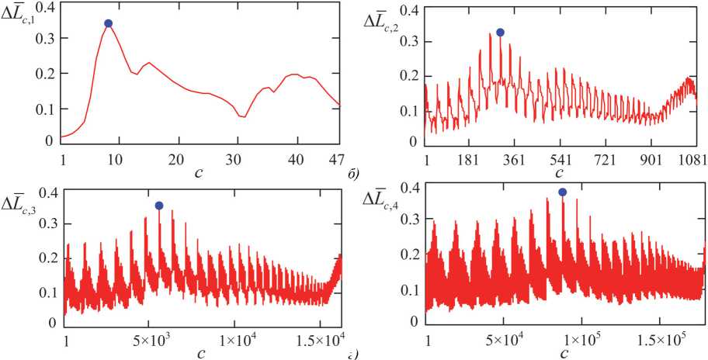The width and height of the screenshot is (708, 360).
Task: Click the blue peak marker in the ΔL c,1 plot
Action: coord(109,23)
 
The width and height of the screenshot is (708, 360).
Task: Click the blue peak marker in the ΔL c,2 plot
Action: coord(501,33)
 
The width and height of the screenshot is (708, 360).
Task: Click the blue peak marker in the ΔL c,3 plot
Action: coord(159,206)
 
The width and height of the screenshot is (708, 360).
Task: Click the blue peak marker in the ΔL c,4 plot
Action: coord(562,192)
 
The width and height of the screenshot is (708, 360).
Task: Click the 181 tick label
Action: coord(470,158)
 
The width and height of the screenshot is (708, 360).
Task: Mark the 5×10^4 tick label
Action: coord(503,341)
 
